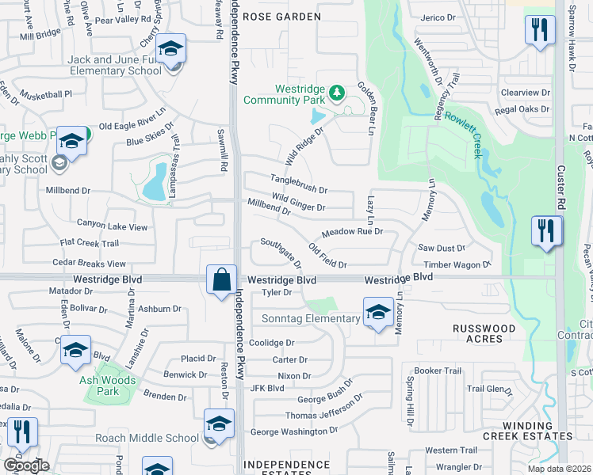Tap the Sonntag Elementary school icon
pyautogui.click(x=378, y=311)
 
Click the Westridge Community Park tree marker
pyautogui.click(x=338, y=93)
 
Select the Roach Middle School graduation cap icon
pyautogui.click(x=218, y=423)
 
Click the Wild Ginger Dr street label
pyautogui.click(x=299, y=203)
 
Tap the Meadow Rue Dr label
pyautogui.click(x=352, y=233)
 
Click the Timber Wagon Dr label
pyautogui.click(x=457, y=265)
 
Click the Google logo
pyautogui.click(x=26, y=465)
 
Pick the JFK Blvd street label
pyautogui.click(x=266, y=388)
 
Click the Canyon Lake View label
pyautogui.click(x=112, y=226)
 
